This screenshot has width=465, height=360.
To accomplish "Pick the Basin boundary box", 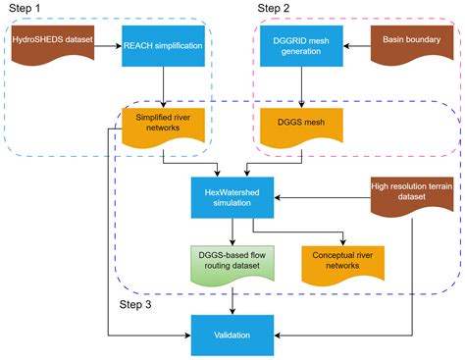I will tap(409, 43).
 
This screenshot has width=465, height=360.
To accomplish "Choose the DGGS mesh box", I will tap(300, 126).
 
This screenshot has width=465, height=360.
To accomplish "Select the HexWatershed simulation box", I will tap(231, 196).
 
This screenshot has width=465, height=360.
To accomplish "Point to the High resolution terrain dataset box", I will tap(409, 194).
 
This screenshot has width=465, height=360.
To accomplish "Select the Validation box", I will tap(231, 334).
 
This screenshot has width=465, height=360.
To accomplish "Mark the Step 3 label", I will tap(137, 305).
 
